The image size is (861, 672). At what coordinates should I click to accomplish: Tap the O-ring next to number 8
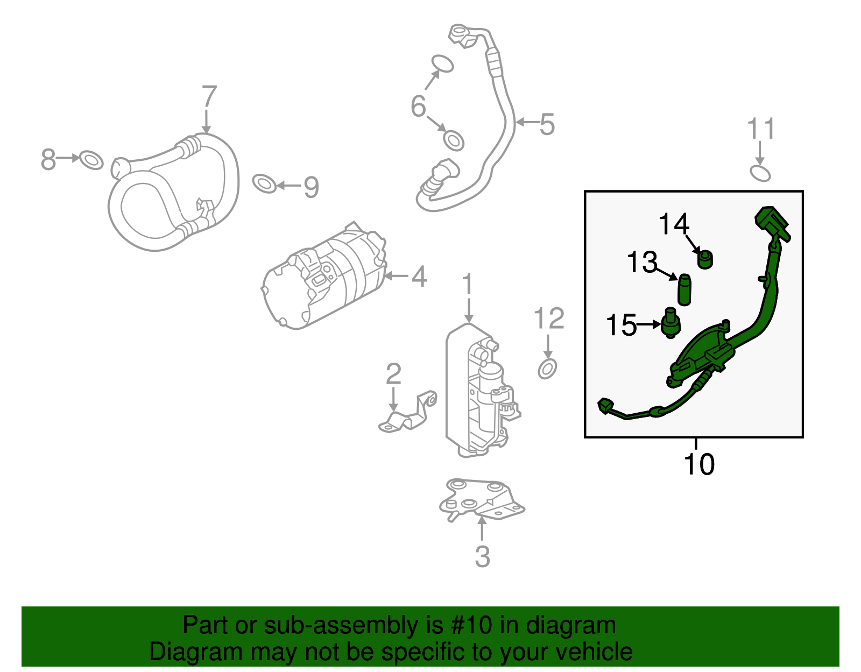[x=91, y=160]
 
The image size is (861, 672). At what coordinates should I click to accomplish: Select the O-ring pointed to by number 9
[x=264, y=183]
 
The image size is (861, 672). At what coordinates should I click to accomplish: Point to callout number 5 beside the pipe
[x=547, y=124]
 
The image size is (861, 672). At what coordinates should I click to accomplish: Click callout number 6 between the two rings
[x=418, y=106]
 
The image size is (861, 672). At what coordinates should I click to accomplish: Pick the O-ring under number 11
[x=760, y=173]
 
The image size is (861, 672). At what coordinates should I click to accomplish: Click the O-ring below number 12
[x=547, y=369]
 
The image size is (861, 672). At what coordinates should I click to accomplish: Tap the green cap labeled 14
[x=704, y=259]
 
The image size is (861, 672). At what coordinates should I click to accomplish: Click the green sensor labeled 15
[x=671, y=323]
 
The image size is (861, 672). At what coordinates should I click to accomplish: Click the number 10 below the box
[x=699, y=464]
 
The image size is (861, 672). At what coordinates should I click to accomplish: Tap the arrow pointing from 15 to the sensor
[x=648, y=324]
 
